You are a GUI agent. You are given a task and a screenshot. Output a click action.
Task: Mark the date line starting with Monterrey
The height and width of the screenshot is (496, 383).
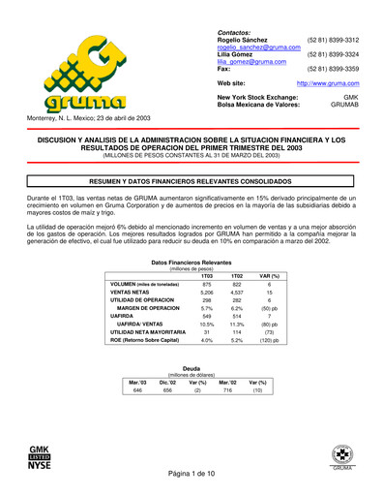pyautogui.click(x=82, y=118)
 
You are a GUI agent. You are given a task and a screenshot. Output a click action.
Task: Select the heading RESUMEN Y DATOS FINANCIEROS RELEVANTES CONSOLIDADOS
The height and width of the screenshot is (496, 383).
pyautogui.click(x=191, y=181)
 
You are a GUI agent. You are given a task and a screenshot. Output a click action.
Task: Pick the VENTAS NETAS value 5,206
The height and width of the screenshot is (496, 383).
pyautogui.click(x=205, y=292)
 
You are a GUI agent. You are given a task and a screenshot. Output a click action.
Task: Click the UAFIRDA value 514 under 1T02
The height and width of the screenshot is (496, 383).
pyautogui.click(x=237, y=316)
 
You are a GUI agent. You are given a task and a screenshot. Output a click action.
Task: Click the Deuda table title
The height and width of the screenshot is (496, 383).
pyautogui.click(x=191, y=368)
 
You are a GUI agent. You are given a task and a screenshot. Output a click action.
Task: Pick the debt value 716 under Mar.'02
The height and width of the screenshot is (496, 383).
pyautogui.click(x=229, y=389)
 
